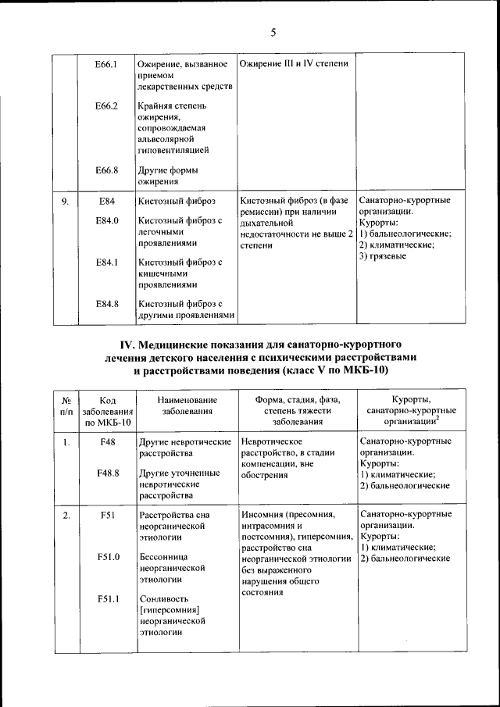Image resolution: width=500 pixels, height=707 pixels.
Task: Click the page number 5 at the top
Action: pyautogui.click(x=273, y=32)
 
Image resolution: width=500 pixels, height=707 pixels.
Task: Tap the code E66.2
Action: pyautogui.click(x=106, y=105)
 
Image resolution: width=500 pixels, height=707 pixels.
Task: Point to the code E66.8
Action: pyautogui.click(x=106, y=170)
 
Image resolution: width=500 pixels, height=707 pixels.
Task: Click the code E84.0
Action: pyautogui.click(x=106, y=221)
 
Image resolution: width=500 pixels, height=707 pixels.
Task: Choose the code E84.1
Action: pyautogui.click(x=106, y=262)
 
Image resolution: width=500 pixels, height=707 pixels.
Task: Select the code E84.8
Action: pyautogui.click(x=106, y=304)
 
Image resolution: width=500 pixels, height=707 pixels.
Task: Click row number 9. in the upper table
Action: pyautogui.click(x=66, y=201)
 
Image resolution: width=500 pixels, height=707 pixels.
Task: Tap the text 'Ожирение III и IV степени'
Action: pyautogui.click(x=294, y=63)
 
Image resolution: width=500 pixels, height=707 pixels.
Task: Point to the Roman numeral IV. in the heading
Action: pyautogui.click(x=128, y=345)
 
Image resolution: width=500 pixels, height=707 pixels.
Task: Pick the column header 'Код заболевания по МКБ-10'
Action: pyautogui.click(x=108, y=410)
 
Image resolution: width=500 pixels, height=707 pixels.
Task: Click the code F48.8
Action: pyautogui.click(x=108, y=473)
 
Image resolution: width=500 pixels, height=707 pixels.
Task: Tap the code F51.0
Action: pyautogui.click(x=108, y=557)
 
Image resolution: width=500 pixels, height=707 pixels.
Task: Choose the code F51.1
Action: pyautogui.click(x=108, y=598)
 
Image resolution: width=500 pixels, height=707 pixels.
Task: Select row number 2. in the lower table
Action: pyautogui.click(x=66, y=515)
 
